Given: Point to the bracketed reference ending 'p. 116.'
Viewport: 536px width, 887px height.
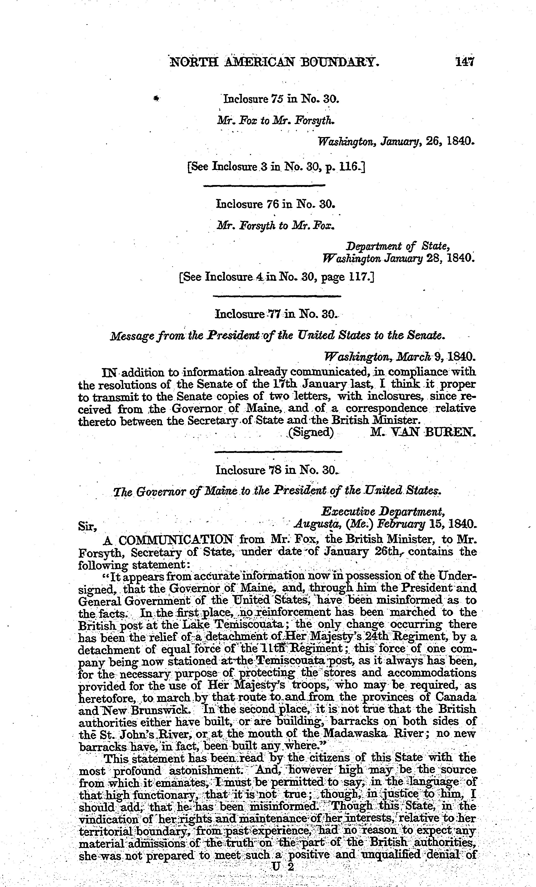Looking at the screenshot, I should click(276, 167).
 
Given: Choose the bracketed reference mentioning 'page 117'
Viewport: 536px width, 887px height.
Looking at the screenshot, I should click(276, 277).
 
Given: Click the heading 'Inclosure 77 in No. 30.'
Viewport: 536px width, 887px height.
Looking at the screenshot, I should click(276, 314).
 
